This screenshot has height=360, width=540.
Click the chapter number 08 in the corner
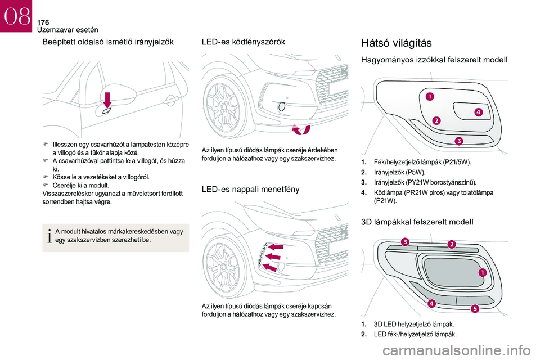pos(16,16)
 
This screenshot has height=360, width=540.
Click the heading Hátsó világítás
pos(400,42)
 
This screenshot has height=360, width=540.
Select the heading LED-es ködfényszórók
pos(243,42)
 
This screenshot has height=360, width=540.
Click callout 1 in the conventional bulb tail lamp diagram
pos(429,97)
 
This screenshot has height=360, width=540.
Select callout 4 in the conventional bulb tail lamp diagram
pos(478,112)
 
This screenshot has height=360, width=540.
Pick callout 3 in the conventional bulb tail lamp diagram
pos(458,141)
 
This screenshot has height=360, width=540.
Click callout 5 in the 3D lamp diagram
pos(475,308)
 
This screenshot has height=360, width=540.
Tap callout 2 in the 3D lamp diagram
pos(451,244)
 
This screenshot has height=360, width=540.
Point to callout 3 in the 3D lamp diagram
pos(404,241)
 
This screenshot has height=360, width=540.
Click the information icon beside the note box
pos(51,236)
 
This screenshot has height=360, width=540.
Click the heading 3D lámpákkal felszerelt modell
pos(417,222)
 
